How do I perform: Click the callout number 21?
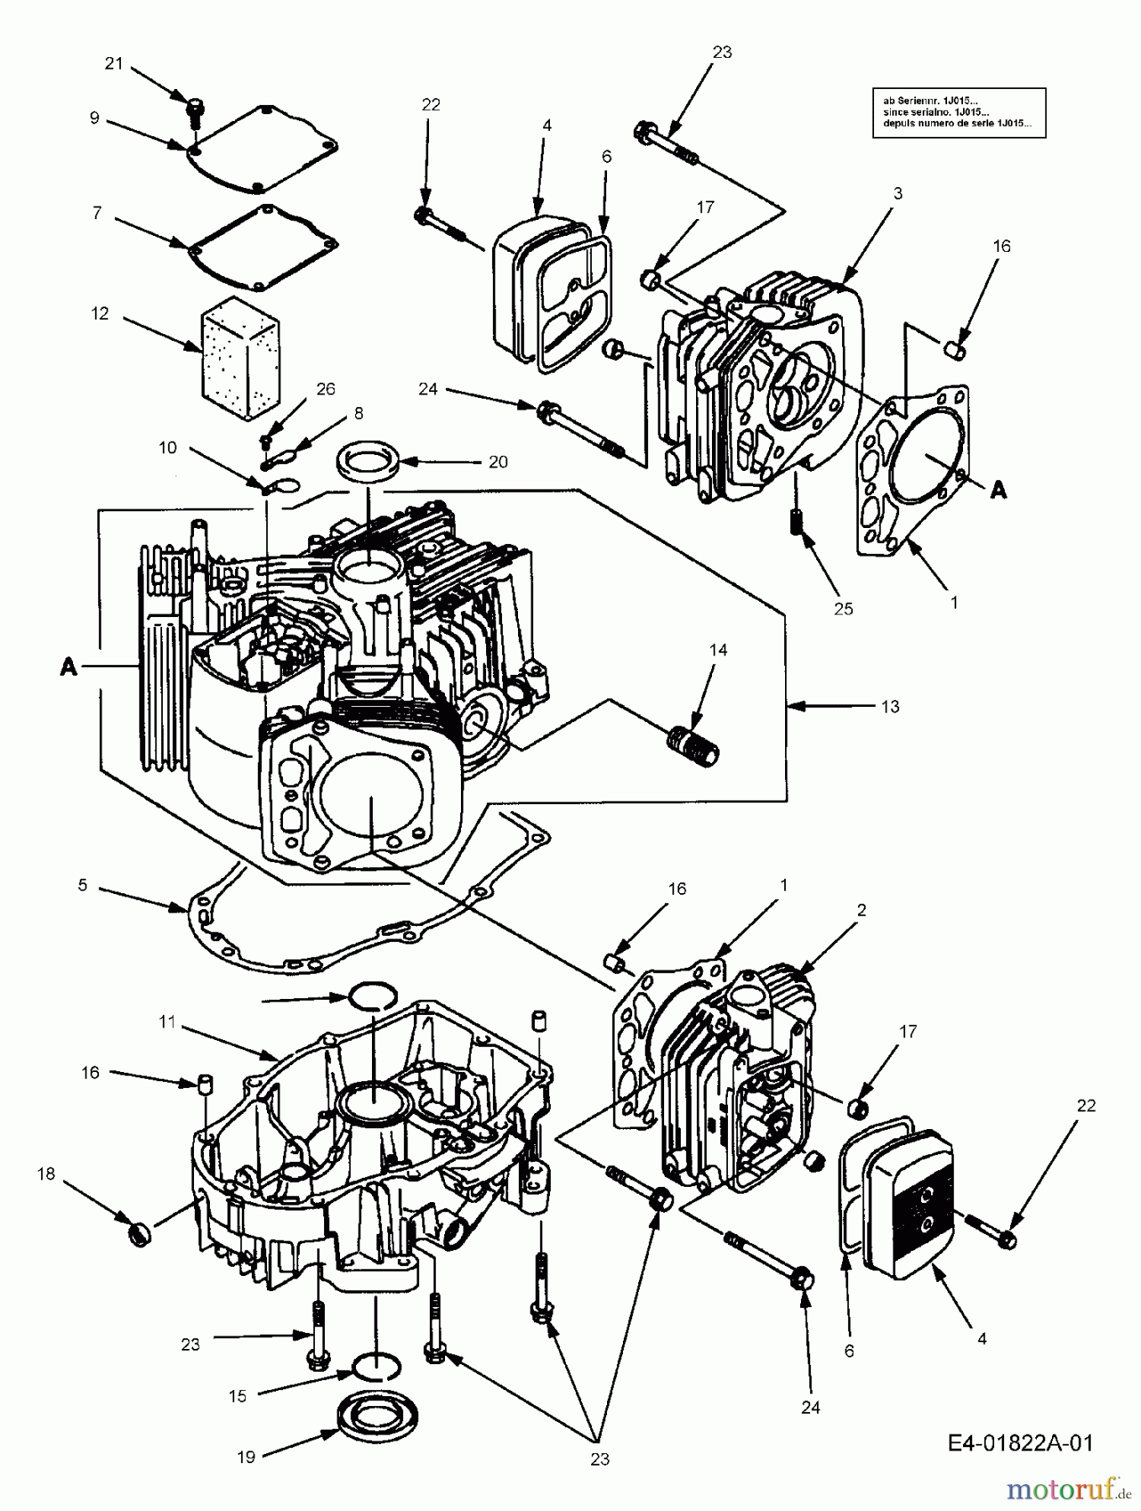pos(113,63)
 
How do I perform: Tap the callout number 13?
pos(889,706)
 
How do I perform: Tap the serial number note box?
pos(959,112)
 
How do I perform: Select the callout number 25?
pos(843,609)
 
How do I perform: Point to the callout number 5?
pos(82,885)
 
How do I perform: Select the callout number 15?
pos(238,1395)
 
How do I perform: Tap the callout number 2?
pos(861,910)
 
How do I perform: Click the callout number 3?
pos(898,193)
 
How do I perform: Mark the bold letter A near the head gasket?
pos(997,490)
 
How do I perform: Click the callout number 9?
pos(94,118)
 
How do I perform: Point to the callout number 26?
pos(325,389)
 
